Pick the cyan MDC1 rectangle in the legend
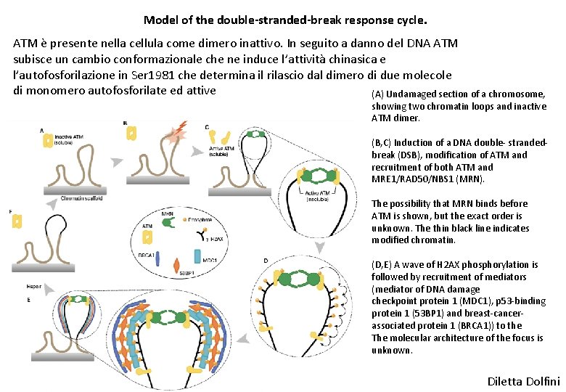[197, 257]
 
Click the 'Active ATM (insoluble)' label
[320, 195]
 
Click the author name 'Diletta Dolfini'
[523, 381]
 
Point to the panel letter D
[266, 260]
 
